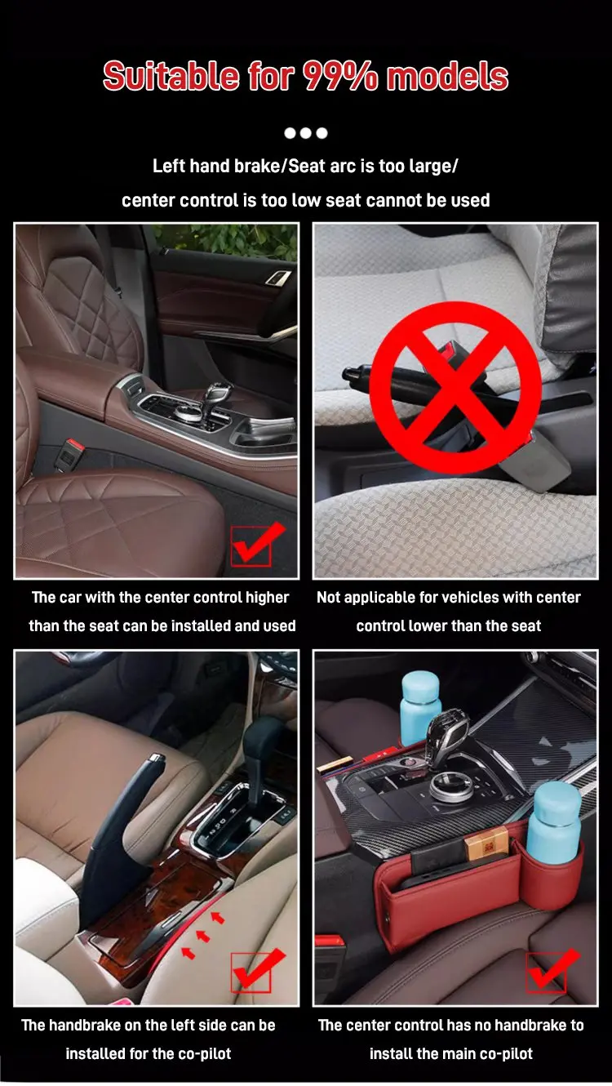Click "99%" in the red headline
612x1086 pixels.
tap(339, 77)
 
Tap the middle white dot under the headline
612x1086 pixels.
tap(306, 133)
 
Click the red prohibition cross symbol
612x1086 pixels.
tap(455, 386)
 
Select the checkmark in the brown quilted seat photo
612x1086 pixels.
tap(257, 544)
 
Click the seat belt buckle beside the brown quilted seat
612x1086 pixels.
tap(67, 456)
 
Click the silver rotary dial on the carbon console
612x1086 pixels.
tap(447, 787)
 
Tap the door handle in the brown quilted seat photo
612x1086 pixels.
tap(278, 278)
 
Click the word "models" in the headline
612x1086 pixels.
tap(447, 77)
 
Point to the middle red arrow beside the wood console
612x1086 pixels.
tap(203, 936)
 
